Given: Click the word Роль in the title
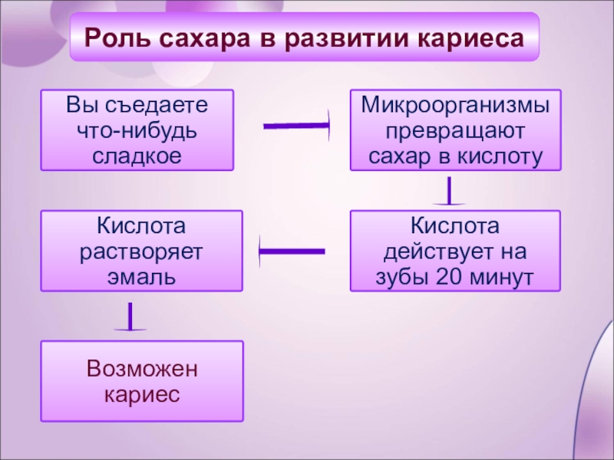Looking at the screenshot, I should pos(117,37).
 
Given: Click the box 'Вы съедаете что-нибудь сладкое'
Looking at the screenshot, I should pos(137,130).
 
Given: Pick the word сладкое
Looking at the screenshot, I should pos(137,156).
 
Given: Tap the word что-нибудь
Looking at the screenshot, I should pos(137,130).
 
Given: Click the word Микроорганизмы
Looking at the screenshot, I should pos(455,103).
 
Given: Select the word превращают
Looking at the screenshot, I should pos(455,130).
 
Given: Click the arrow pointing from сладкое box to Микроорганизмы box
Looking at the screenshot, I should pos(296,125).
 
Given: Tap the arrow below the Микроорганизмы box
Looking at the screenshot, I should pos(450,192).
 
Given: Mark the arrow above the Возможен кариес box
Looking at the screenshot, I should pos(130,317).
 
